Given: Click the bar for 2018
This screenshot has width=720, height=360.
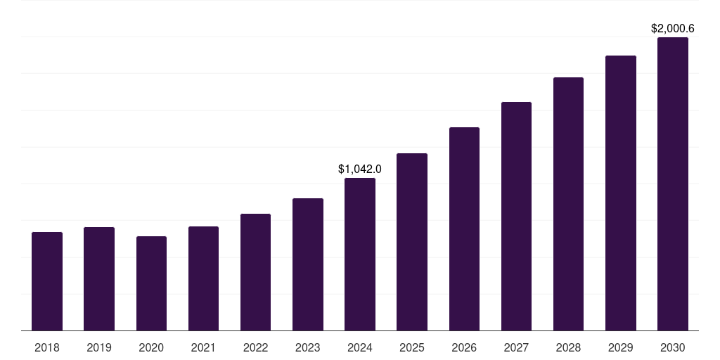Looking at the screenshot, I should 47,281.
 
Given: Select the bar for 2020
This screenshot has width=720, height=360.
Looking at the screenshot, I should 151,283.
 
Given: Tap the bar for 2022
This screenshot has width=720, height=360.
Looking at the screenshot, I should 255,272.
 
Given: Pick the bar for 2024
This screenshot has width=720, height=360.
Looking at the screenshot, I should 360,254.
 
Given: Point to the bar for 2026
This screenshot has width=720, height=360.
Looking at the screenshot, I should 464,229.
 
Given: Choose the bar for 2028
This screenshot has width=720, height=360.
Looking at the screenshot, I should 568,204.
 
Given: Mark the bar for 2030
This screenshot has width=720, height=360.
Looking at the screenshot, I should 673,184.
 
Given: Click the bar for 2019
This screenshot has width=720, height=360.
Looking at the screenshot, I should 99,278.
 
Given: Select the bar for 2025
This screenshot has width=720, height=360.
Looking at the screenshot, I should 412,242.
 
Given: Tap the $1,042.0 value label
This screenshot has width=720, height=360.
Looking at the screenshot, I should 360,169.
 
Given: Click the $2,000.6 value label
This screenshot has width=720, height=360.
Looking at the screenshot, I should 673,29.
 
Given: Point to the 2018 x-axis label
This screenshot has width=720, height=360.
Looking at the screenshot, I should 47,347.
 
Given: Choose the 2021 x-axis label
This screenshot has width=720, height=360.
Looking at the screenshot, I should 203,347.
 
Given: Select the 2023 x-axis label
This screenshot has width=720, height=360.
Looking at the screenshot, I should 307,347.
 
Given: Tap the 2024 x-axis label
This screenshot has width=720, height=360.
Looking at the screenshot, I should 360,347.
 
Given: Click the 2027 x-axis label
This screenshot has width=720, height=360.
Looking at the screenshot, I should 516,347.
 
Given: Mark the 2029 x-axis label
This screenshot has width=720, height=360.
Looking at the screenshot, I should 620,347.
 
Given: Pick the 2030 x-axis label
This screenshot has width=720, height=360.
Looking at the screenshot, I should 673,347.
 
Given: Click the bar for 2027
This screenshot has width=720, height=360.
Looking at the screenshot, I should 516,216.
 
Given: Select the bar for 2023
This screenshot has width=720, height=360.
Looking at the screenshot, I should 307,264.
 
